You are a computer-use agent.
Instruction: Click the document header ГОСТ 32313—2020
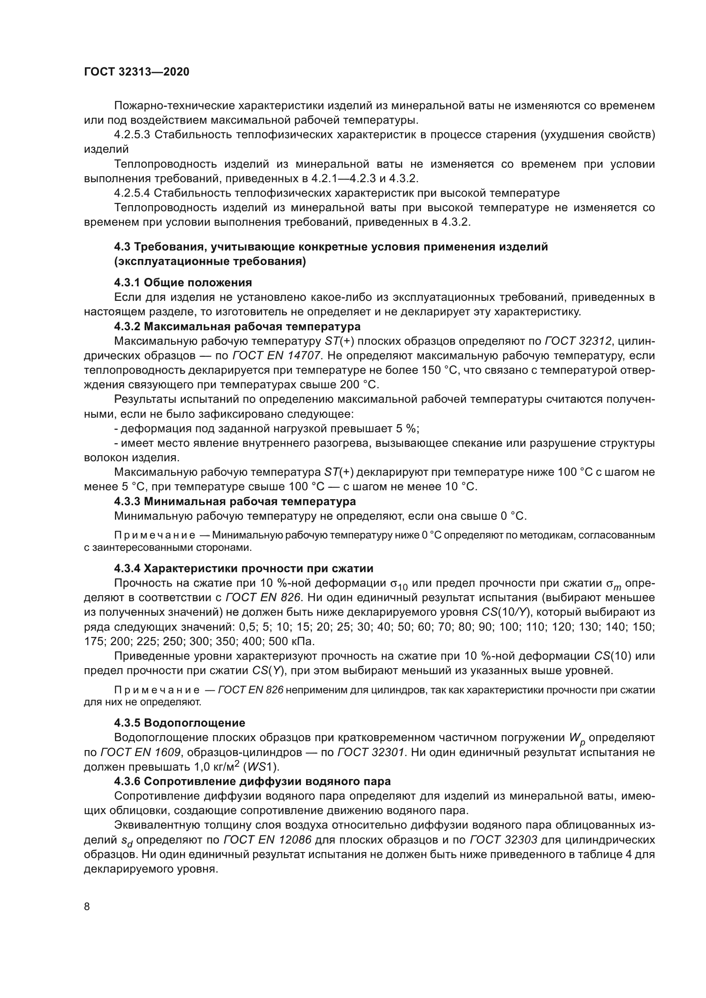coord(137,72)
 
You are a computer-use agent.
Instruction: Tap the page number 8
coord(87,906)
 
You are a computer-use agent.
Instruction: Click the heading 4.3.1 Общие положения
coord(183,282)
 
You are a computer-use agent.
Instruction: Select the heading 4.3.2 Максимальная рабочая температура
coord(237,326)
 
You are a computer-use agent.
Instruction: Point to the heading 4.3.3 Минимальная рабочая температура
coord(235,501)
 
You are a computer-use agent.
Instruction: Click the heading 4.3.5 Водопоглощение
coord(180,723)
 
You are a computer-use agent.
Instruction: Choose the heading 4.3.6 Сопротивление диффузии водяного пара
coord(252,781)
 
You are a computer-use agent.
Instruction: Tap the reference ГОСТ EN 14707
coord(277,355)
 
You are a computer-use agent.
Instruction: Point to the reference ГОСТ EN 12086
coord(267,839)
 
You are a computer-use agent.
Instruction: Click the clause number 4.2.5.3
coord(132,135)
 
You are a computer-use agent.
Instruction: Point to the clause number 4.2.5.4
coord(132,193)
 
